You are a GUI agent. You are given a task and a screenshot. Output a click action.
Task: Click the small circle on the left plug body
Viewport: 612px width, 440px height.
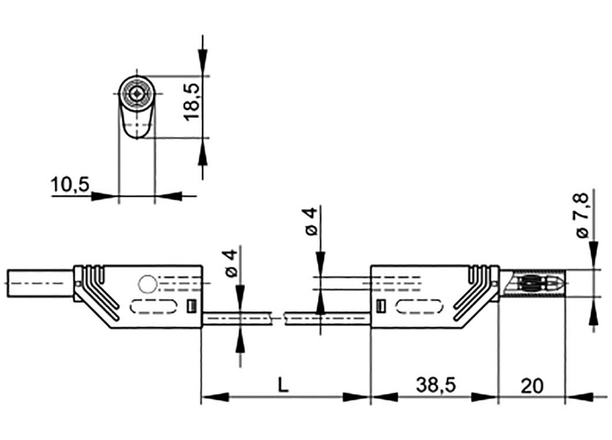pos(146,283)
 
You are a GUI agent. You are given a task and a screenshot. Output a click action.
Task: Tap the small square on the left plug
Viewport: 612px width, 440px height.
pos(191,305)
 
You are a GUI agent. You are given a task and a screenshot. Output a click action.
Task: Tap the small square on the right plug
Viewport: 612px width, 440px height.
pos(380,306)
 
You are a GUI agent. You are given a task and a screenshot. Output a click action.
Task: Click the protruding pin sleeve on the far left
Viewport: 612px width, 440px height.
pos(38,283)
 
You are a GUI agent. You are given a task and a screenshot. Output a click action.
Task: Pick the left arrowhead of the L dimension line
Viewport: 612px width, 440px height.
pos(216,396)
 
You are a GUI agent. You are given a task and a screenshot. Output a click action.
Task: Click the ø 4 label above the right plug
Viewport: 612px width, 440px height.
pos(310,222)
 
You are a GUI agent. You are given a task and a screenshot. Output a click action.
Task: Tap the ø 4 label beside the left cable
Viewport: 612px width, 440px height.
pos(231,263)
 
